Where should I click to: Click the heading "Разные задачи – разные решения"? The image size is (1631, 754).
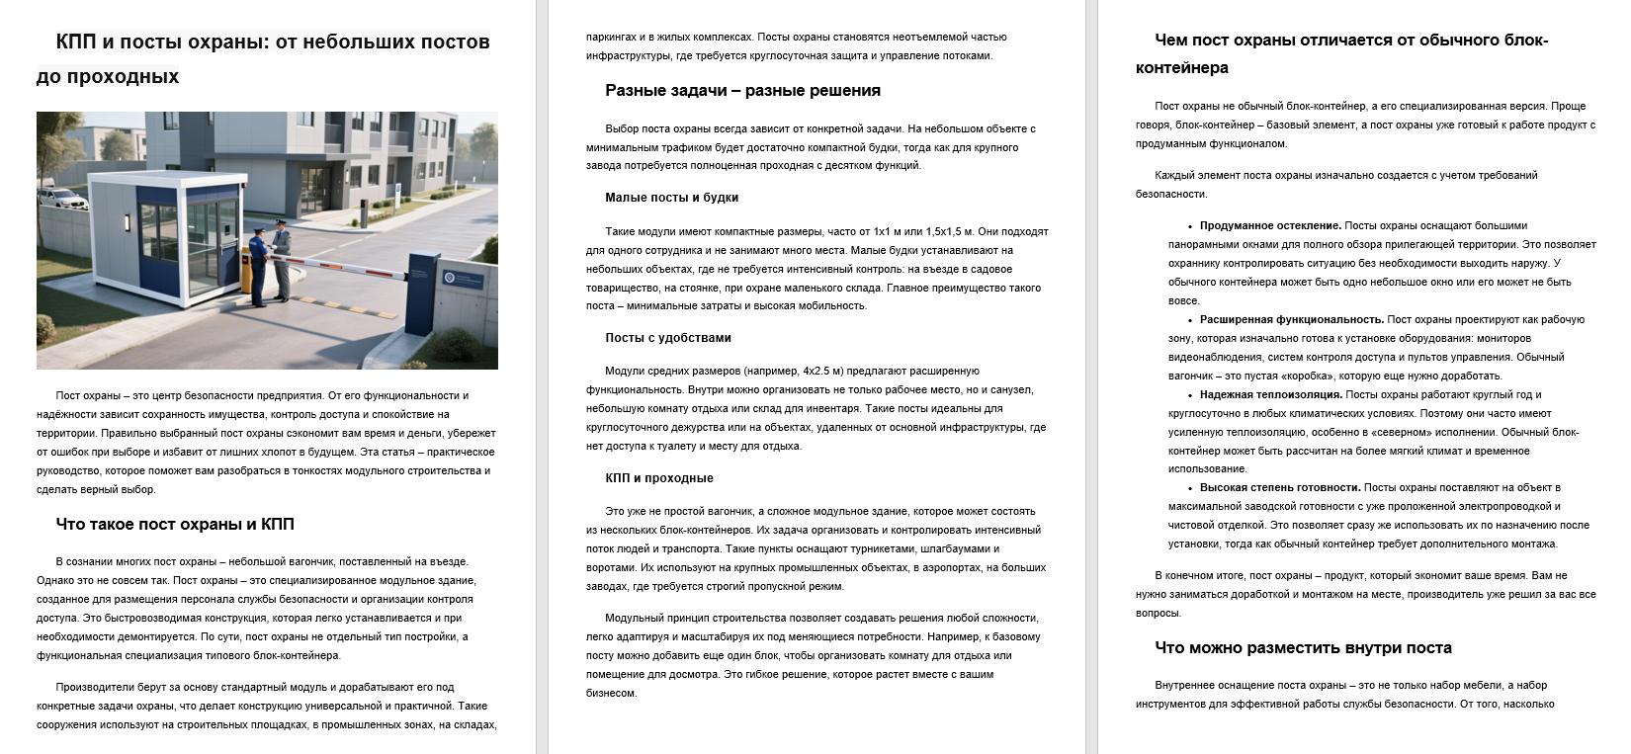click(x=742, y=91)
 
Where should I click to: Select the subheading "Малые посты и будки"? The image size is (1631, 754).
click(x=671, y=198)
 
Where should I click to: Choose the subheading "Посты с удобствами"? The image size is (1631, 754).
click(x=667, y=338)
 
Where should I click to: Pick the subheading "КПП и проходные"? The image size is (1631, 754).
click(x=658, y=478)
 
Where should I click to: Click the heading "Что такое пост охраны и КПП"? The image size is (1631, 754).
click(x=175, y=524)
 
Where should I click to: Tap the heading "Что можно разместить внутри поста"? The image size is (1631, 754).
click(x=1303, y=648)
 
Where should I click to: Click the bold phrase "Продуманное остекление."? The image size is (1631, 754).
click(x=1270, y=225)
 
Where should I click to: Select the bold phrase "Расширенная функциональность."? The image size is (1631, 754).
click(x=1291, y=319)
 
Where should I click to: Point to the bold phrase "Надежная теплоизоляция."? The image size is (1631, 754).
click(x=1270, y=394)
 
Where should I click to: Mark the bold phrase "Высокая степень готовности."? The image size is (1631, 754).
click(x=1279, y=487)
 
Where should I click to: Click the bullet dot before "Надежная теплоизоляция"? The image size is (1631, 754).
click(x=1189, y=394)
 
